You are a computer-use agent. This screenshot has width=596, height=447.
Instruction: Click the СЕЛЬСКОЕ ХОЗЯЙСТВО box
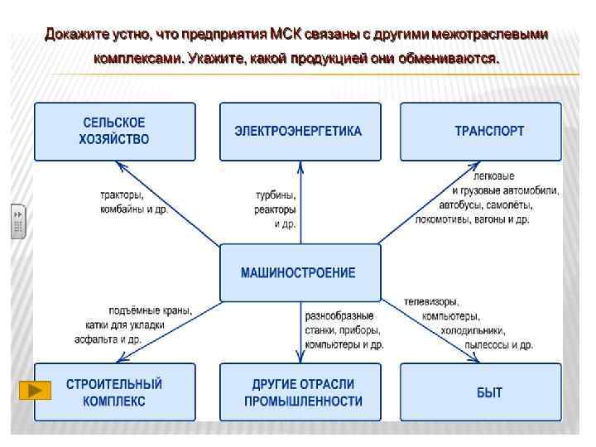click(x=115, y=131)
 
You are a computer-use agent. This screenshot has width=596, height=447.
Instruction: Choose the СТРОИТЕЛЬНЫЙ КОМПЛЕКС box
click(x=115, y=392)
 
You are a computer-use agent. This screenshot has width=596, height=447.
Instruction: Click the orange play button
click(x=35, y=390)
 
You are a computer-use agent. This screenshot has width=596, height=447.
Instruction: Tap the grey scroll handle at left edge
click(x=18, y=220)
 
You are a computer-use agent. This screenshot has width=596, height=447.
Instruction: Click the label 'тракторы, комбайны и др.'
click(x=133, y=203)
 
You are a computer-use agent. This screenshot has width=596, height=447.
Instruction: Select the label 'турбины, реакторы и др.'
click(x=276, y=209)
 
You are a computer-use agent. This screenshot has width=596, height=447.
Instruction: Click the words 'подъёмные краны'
click(x=150, y=310)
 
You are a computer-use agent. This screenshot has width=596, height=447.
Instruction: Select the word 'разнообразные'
click(x=339, y=315)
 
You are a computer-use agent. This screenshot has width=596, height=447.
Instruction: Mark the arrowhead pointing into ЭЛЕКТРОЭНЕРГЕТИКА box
click(x=300, y=166)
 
